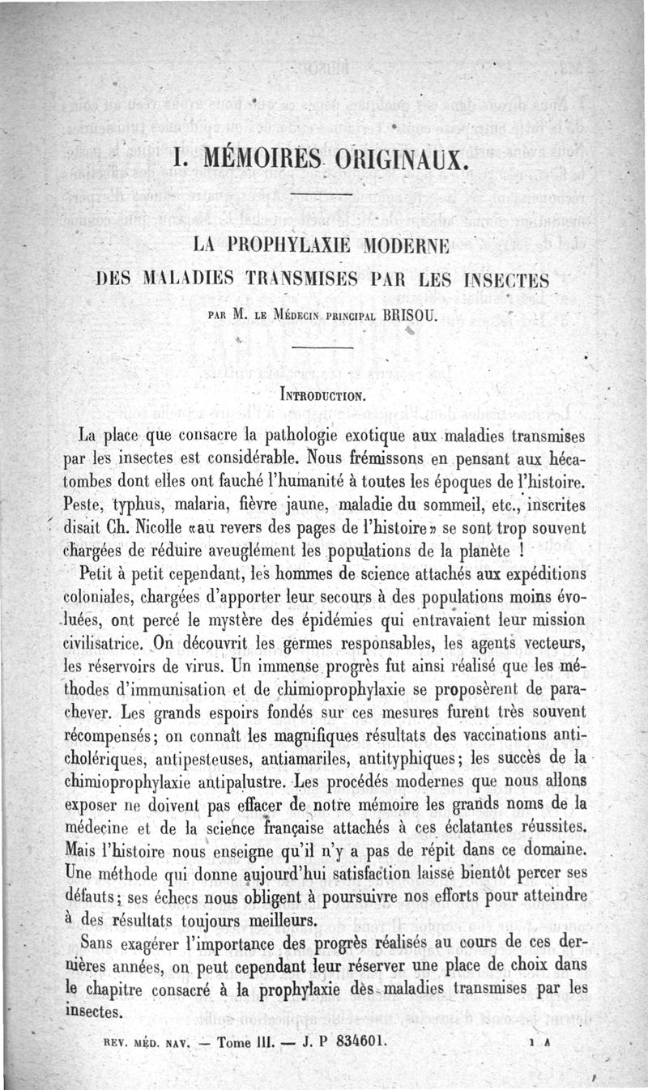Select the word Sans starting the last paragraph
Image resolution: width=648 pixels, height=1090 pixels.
tap(100, 945)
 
